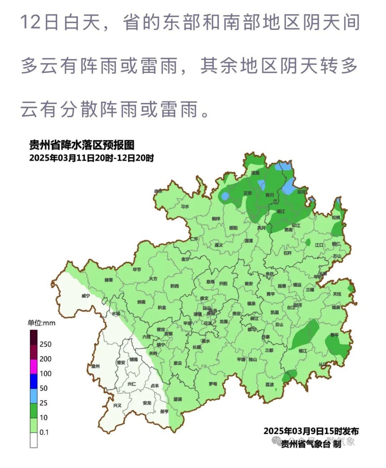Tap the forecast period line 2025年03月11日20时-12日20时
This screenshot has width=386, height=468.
[91, 158]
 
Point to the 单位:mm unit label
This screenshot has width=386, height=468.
[41, 323]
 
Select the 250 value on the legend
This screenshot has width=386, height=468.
[45, 344]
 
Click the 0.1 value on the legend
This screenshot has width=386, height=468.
[44, 432]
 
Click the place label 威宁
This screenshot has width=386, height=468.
[85, 296]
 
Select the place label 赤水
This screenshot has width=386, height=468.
[158, 191]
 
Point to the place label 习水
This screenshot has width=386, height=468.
[185, 206]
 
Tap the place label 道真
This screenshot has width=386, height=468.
[255, 173]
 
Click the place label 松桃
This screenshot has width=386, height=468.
[336, 217]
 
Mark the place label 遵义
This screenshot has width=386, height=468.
[218, 245]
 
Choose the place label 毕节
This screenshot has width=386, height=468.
[137, 269]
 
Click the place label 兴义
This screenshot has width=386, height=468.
[117, 405]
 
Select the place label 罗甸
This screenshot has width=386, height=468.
[213, 384]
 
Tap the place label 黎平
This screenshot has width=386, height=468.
[335, 335]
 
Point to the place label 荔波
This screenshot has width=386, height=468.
[269, 385]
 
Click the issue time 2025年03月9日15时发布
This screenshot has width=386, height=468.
[311, 431]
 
